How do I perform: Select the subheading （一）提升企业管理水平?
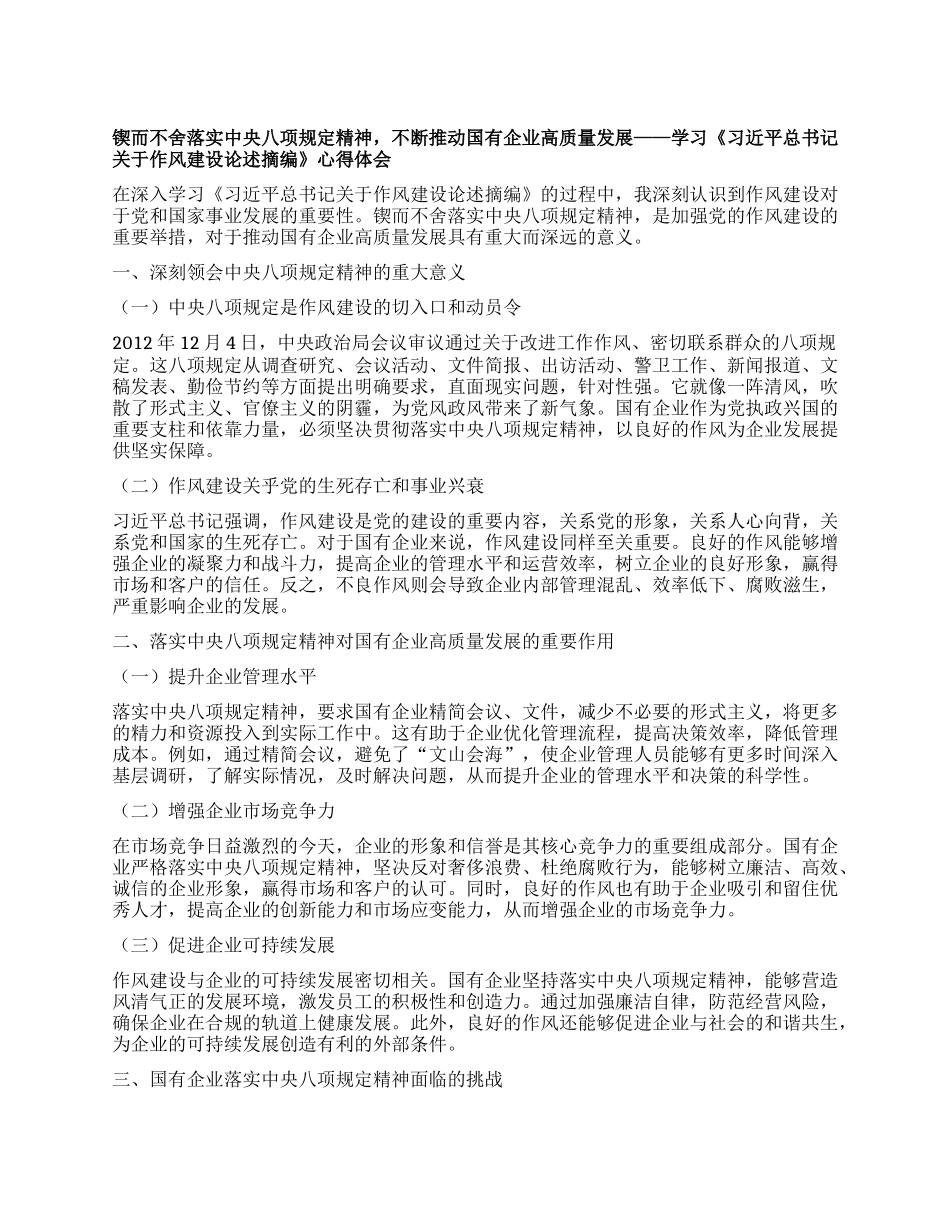216,677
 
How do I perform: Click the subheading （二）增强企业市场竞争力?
225,808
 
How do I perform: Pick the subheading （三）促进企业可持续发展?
225,945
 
